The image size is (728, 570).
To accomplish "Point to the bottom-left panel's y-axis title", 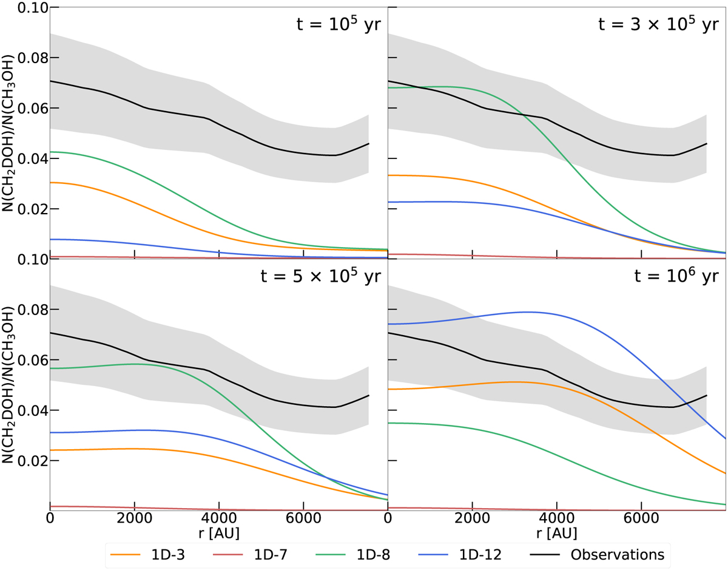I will [x=10, y=385].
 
